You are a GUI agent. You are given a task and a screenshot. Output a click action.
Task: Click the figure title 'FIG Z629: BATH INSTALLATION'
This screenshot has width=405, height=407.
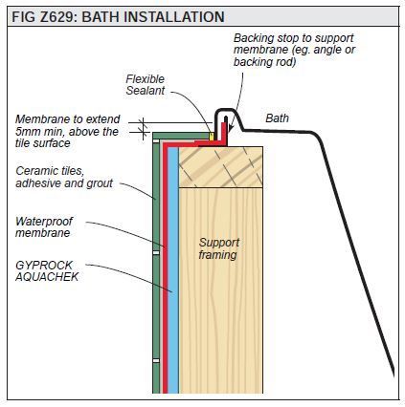[118, 17]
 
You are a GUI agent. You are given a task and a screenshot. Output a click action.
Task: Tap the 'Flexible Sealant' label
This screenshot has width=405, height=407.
[146, 85]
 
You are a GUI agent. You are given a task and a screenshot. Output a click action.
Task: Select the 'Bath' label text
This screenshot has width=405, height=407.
[277, 118]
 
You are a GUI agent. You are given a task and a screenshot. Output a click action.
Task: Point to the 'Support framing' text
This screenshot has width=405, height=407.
[219, 248]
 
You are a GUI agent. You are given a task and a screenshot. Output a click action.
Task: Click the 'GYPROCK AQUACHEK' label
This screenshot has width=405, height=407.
[47, 270]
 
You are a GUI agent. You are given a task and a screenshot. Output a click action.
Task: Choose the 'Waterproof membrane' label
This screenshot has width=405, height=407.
[44, 226]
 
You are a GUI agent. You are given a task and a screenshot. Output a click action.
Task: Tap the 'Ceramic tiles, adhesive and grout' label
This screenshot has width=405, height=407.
[64, 177]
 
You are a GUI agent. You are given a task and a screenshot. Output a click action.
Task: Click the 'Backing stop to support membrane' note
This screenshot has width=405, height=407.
[294, 50]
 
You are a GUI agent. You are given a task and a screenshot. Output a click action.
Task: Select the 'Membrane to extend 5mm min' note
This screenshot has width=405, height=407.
[68, 131]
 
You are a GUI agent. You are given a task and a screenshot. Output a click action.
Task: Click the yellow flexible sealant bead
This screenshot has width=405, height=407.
[211, 136]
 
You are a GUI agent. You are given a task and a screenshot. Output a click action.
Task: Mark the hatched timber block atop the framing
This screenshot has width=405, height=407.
[221, 167]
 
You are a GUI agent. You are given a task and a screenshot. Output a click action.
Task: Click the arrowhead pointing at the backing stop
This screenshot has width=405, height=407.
[232, 127]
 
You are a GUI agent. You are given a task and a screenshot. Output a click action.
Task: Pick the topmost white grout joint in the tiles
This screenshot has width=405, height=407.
[156, 140]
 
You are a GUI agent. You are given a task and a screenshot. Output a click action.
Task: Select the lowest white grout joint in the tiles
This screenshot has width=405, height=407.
[156, 361]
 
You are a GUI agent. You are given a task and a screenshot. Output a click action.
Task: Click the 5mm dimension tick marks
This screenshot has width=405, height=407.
[144, 128]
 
